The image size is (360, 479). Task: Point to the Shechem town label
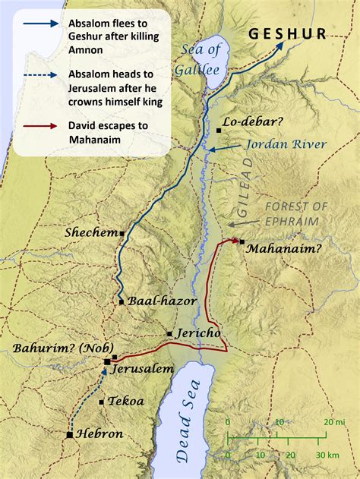(90, 232)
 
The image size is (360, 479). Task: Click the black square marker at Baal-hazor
(122, 302)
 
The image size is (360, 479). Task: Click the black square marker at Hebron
(71, 435)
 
